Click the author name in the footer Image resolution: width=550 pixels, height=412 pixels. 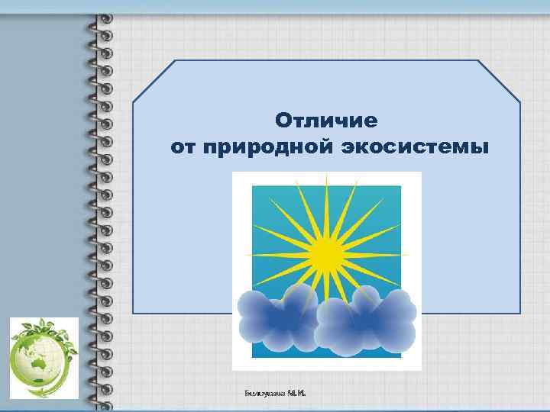(x=280, y=392)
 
